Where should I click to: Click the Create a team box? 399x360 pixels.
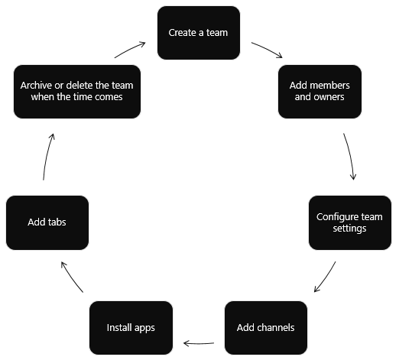pyautogui.click(x=199, y=33)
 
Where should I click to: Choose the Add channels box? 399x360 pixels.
pyautogui.click(x=265, y=328)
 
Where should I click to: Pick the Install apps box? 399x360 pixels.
pyautogui.click(x=131, y=328)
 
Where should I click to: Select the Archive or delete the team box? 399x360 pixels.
pyautogui.click(x=77, y=92)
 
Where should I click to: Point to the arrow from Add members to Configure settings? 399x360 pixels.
pyautogui.click(x=350, y=157)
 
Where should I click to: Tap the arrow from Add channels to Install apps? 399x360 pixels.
pyautogui.click(x=199, y=342)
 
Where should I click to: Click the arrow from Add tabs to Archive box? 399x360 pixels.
pyautogui.click(x=47, y=157)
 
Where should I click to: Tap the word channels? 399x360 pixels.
pyautogui.click(x=276, y=328)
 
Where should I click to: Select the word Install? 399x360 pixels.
pyautogui.click(x=119, y=328)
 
